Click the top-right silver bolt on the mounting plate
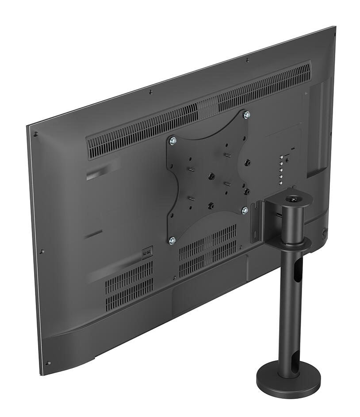247,115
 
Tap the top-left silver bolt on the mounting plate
173,141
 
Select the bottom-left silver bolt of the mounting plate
172,241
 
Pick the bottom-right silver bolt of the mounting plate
245,211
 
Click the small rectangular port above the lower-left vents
147,253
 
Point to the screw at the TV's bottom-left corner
48,363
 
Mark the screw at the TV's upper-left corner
36,134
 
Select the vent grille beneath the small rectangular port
129,285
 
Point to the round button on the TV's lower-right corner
325,231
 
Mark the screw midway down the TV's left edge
42,252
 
